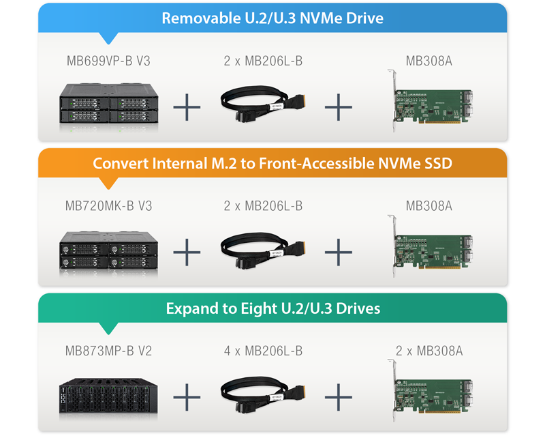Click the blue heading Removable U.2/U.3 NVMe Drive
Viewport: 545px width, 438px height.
(272, 18)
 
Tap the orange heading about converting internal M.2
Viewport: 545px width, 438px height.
(272, 163)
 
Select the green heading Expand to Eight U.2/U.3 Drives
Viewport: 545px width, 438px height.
(273, 308)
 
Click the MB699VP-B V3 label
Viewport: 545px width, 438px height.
(108, 61)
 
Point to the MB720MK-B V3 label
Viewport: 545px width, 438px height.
(108, 206)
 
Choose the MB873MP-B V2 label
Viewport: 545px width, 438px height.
(108, 351)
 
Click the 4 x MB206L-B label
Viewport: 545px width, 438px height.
(263, 351)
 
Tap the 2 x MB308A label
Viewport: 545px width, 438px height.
(429, 351)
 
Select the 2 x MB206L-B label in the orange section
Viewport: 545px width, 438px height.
(263, 206)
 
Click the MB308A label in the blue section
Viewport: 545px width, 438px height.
(429, 61)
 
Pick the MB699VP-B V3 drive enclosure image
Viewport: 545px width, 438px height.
(109, 104)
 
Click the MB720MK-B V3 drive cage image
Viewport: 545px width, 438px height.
(109, 250)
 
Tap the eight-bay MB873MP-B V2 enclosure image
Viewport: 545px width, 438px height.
(108, 396)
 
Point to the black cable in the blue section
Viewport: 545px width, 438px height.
(263, 104)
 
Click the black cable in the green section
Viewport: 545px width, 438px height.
(263, 395)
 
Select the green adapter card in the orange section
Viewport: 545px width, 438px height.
(430, 246)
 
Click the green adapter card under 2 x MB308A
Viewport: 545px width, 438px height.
(430, 391)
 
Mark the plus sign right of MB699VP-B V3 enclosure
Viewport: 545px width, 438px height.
(187, 107)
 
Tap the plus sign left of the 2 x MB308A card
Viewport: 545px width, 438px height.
(339, 397)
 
